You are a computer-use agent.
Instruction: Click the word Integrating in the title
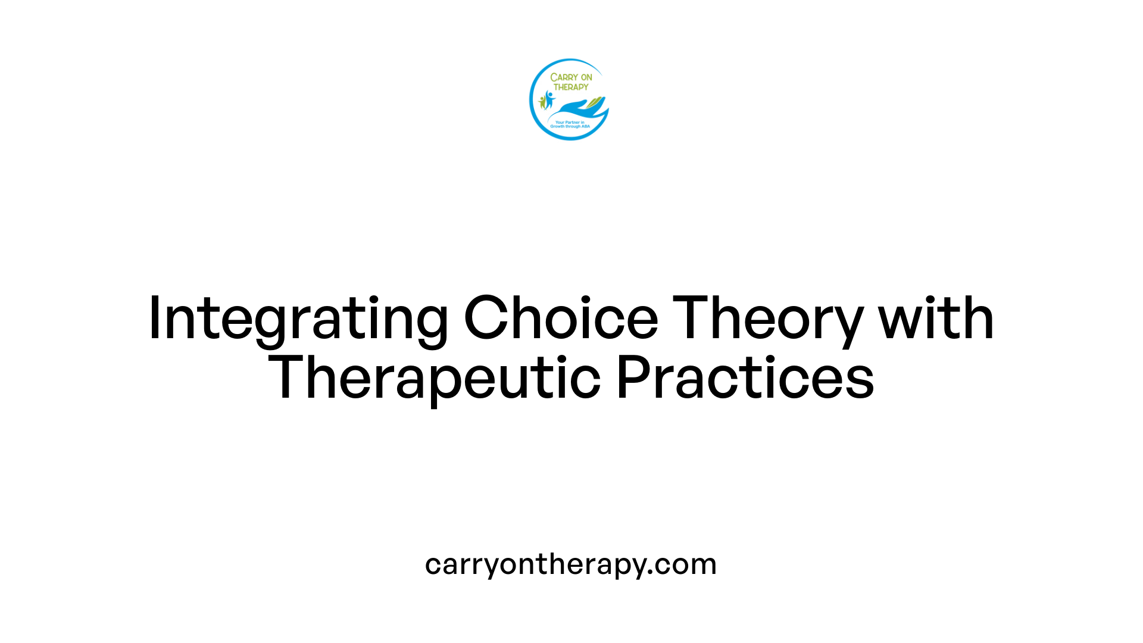click(x=298, y=319)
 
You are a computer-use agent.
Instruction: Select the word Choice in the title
click(x=560, y=318)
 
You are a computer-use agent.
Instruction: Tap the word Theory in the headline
click(x=768, y=319)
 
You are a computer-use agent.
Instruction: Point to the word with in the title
click(x=936, y=318)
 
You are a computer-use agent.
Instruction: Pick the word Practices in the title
click(x=745, y=377)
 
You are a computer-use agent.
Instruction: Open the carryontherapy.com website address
click(x=571, y=564)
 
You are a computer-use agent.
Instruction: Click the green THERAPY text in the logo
click(x=571, y=87)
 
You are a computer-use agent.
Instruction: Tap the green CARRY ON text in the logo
click(x=571, y=77)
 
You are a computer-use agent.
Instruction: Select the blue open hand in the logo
click(x=576, y=110)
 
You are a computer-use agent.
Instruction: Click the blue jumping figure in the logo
click(x=549, y=99)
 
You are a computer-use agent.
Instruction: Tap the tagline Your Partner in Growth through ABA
click(x=570, y=124)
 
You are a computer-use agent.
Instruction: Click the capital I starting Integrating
click(x=155, y=318)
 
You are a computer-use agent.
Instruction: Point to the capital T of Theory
click(x=692, y=318)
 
